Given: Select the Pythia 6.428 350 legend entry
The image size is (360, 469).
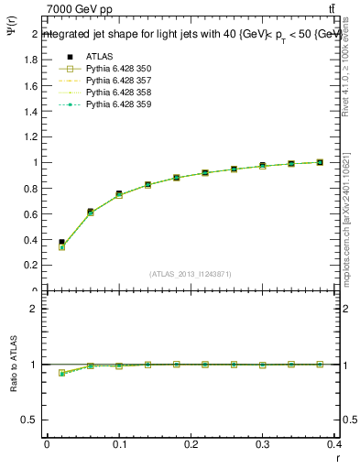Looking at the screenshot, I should click(x=118, y=68).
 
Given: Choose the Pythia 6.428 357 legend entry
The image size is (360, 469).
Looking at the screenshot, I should click(x=118, y=81).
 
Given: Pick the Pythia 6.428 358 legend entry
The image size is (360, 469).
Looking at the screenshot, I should click(x=118, y=93).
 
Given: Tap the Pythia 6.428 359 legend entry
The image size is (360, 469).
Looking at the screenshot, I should click(x=118, y=105).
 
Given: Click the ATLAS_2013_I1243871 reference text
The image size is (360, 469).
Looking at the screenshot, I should click(x=191, y=274).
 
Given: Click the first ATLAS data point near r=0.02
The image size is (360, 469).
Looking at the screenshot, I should click(x=61, y=242).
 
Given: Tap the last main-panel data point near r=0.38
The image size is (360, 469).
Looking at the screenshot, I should click(x=320, y=162).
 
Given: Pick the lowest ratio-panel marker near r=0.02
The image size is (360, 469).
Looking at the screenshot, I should click(x=61, y=373).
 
